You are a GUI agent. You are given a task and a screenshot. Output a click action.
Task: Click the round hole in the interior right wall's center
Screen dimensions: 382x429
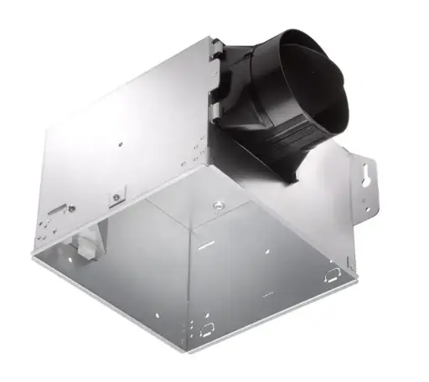266,251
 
